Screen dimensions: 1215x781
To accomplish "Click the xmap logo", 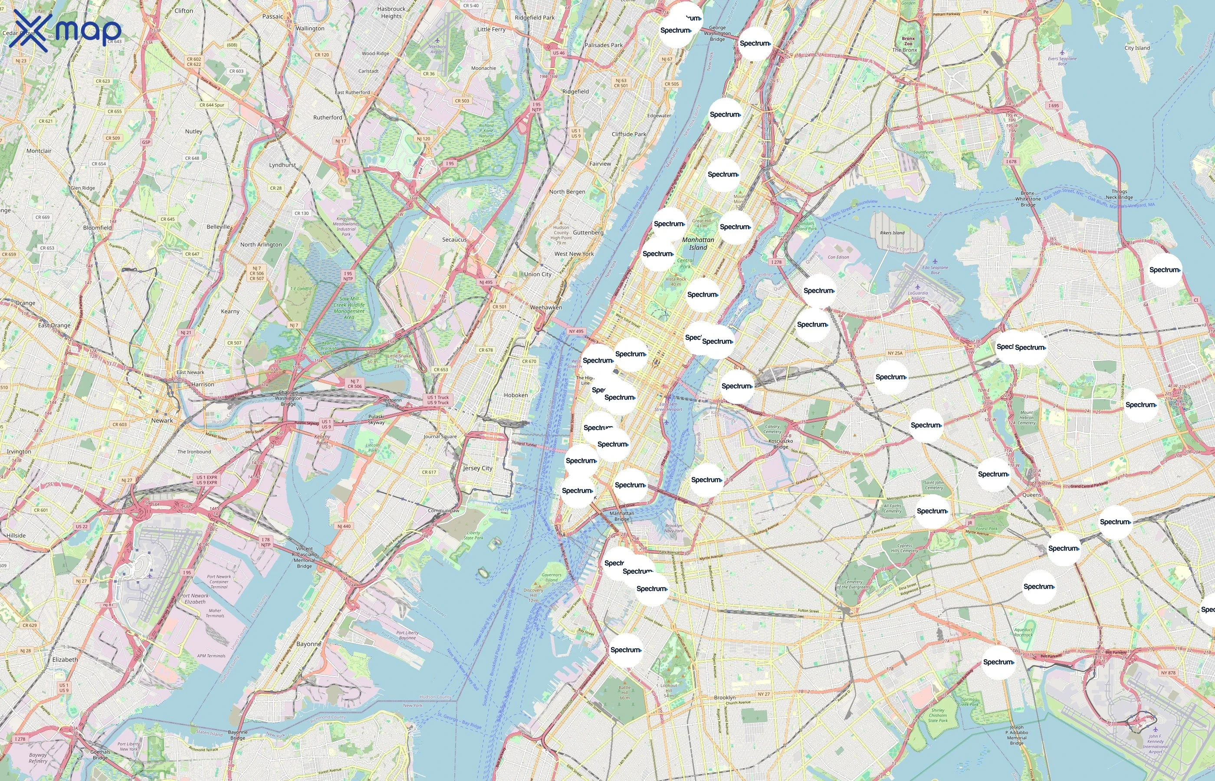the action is pyautogui.click(x=65, y=31).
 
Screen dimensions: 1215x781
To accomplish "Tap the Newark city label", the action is pyautogui.click(x=162, y=420).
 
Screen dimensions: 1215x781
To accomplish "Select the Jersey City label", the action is pyautogui.click(x=477, y=468).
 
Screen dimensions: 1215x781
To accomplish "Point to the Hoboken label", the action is pyautogui.click(x=516, y=395).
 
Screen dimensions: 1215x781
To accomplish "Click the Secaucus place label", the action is pyautogui.click(x=454, y=240).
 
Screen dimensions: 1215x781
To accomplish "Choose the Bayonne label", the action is pyautogui.click(x=309, y=643).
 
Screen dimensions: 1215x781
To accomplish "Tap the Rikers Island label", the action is pyautogui.click(x=892, y=233).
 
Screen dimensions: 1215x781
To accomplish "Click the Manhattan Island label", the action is pyautogui.click(x=698, y=243).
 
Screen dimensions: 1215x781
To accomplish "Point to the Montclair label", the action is pyautogui.click(x=39, y=151).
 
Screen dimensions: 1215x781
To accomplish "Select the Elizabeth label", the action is pyautogui.click(x=65, y=659).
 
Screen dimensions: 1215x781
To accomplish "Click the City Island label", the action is pyautogui.click(x=1137, y=48).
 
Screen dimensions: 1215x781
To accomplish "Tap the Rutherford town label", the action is pyautogui.click(x=328, y=117).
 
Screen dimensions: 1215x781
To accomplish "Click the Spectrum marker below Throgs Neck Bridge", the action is pyautogui.click(x=1164, y=270).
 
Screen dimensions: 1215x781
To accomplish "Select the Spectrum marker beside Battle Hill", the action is pyautogui.click(x=626, y=650).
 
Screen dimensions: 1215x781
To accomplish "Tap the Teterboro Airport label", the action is pyautogui.click(x=437, y=49).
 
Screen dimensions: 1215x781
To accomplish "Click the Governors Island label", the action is pyautogui.click(x=551, y=577).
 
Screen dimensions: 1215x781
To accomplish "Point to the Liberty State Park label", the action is pyautogui.click(x=473, y=535).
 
